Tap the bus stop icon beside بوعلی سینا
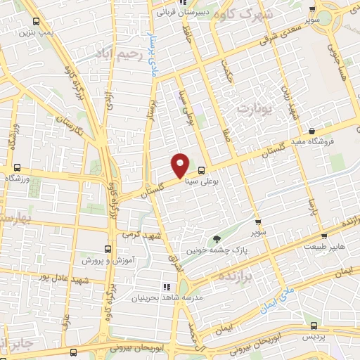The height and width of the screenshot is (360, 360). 202,170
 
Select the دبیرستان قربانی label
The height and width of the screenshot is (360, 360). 186,12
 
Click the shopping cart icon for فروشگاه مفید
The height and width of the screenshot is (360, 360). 311,130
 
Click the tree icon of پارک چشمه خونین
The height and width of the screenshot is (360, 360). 217,240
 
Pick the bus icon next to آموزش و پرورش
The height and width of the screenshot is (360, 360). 108,249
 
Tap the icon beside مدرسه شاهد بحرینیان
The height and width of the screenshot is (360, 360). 167,287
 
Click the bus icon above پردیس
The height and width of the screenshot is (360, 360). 314,326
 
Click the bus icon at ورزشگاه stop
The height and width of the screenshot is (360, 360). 17,167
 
